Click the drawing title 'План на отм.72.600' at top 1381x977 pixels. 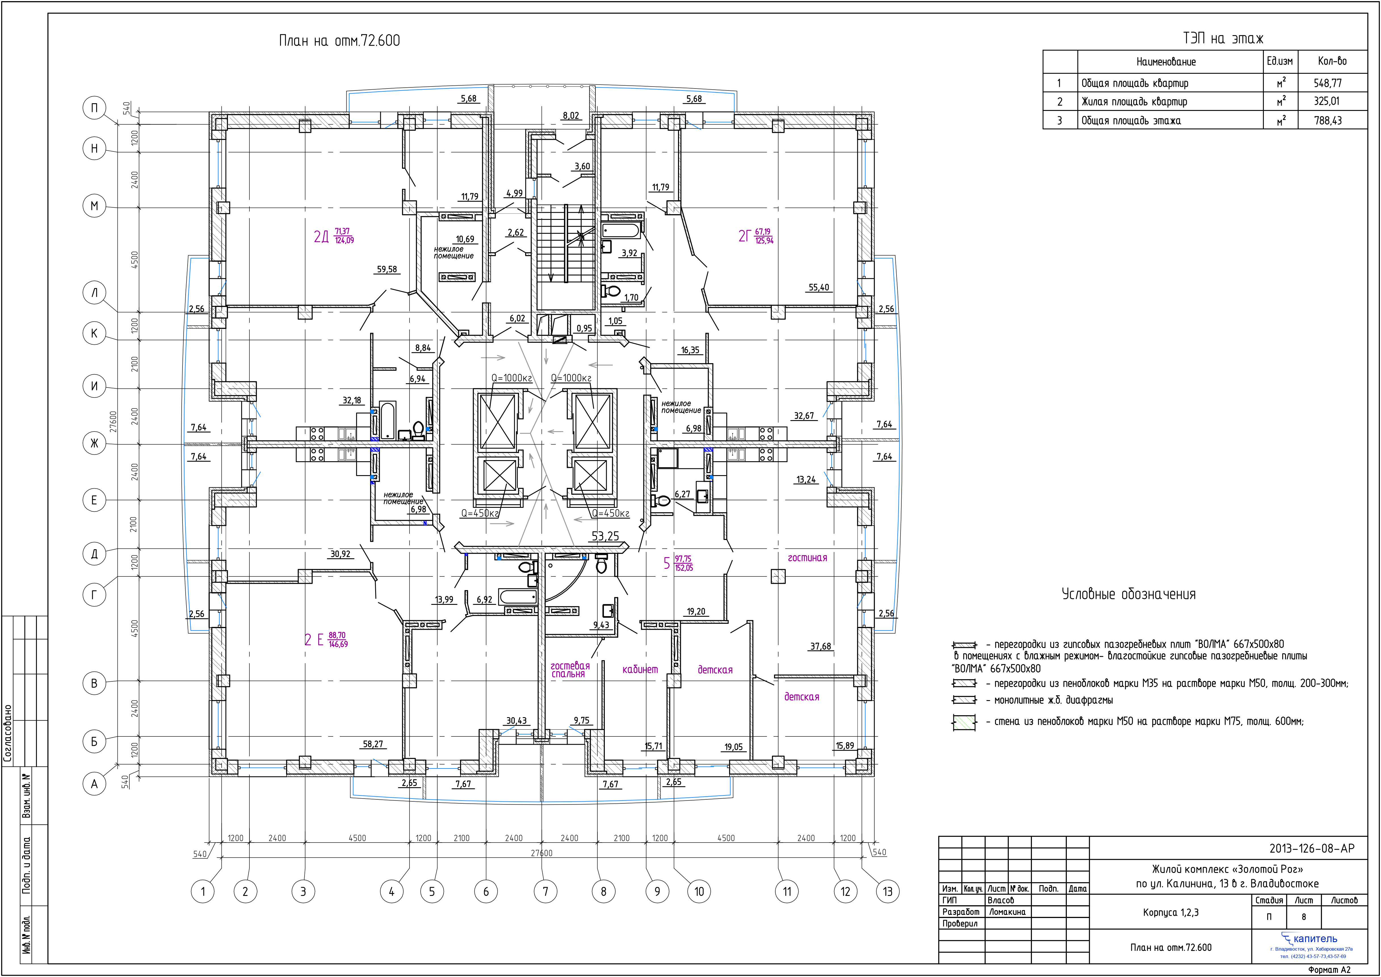pyautogui.click(x=339, y=41)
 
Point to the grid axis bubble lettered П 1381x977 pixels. pyautogui.click(x=95, y=108)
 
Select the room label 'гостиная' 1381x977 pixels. pyautogui.click(x=807, y=558)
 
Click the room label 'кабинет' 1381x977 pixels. pyautogui.click(x=640, y=669)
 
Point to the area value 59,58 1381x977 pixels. pyautogui.click(x=387, y=269)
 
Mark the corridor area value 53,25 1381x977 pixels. pyautogui.click(x=605, y=536)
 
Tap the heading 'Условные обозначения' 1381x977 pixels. pyautogui.click(x=1129, y=594)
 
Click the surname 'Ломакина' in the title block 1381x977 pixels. pyautogui.click(x=1007, y=912)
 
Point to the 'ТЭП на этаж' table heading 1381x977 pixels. pyautogui.click(x=1223, y=39)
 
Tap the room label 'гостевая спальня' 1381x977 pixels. pyautogui.click(x=570, y=669)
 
